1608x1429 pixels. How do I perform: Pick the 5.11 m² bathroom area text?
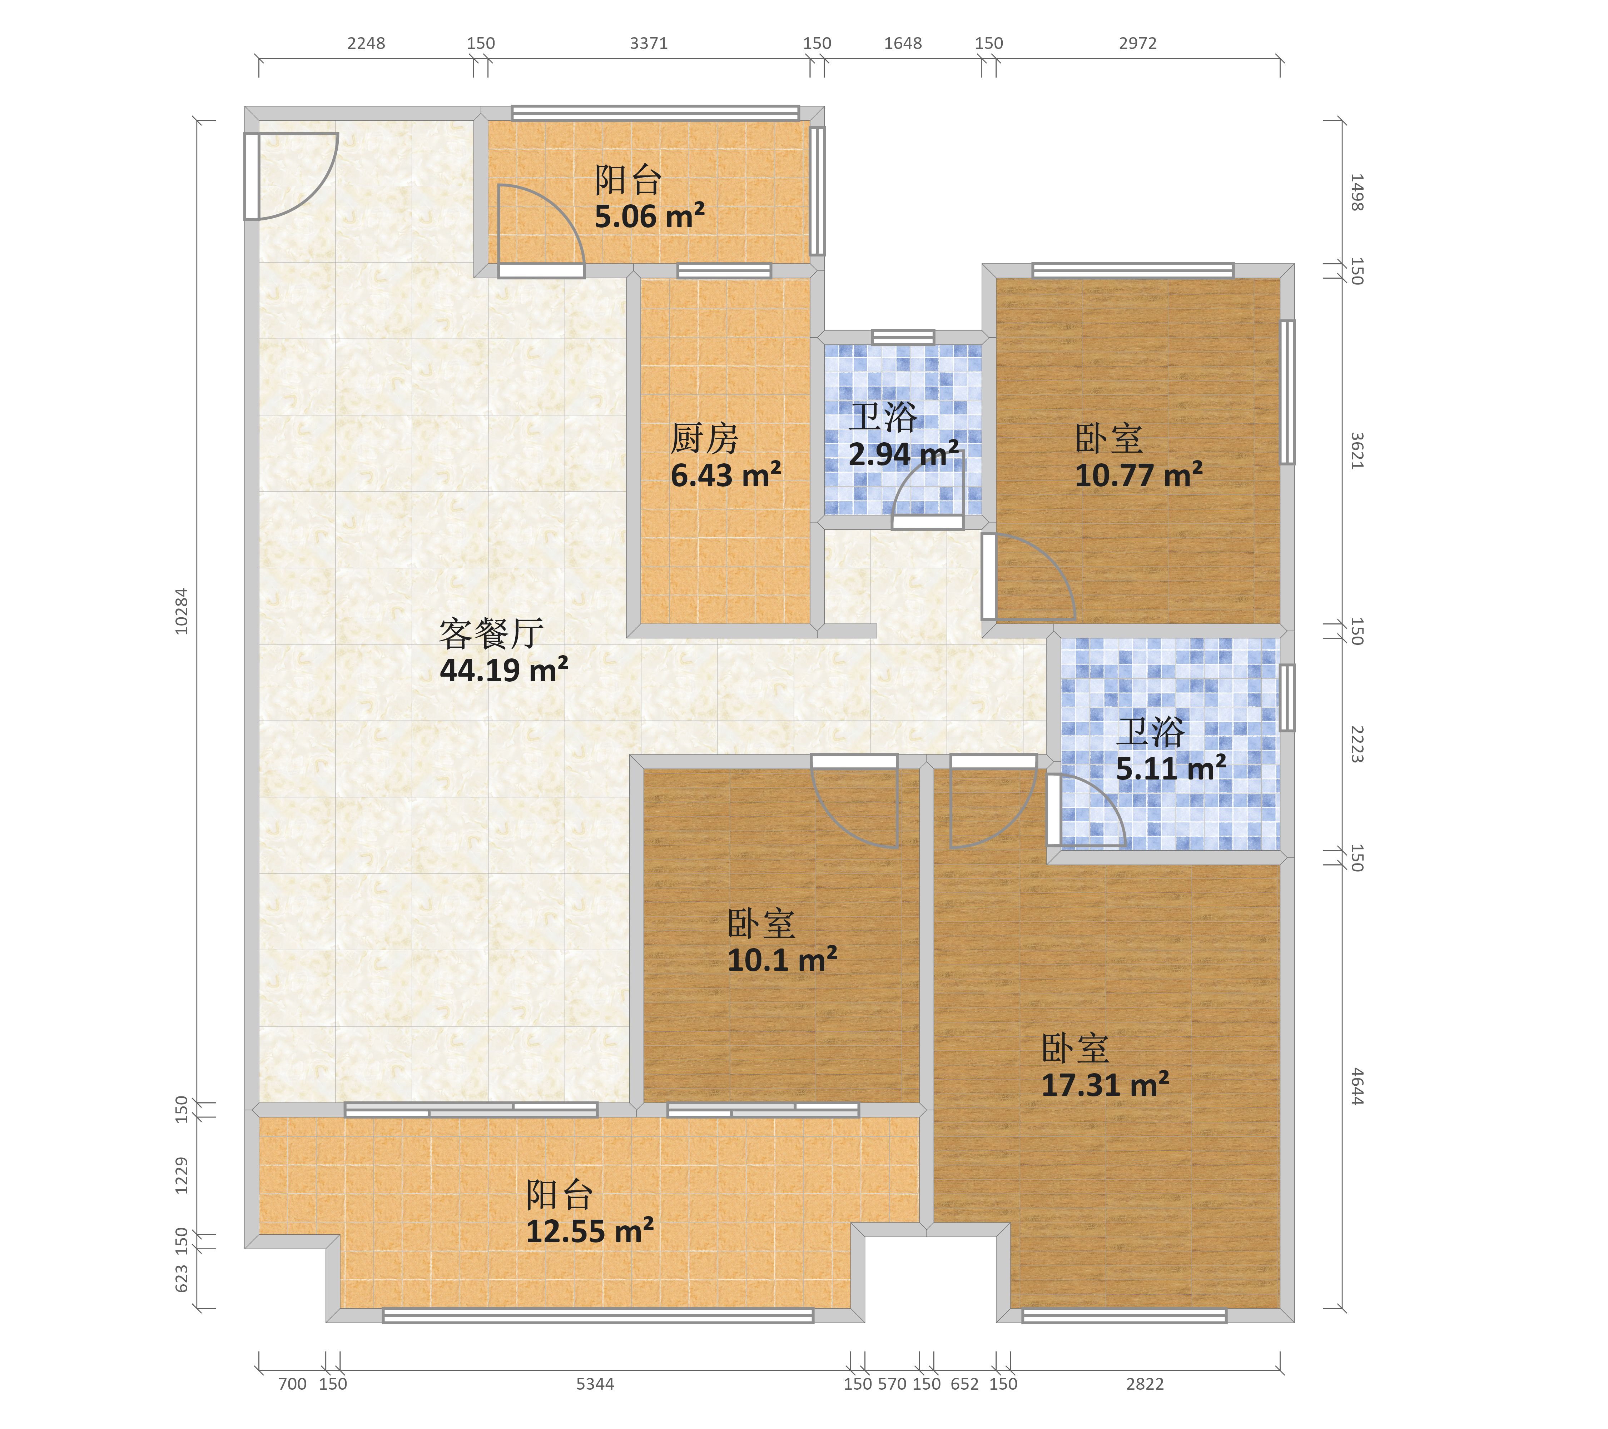coord(1171,768)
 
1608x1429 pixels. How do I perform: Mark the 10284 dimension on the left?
coord(182,611)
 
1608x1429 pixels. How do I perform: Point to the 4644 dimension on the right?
coord(1357,1086)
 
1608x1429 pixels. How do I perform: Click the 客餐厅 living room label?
coord(492,633)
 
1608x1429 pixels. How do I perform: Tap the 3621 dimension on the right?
coord(1357,450)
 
